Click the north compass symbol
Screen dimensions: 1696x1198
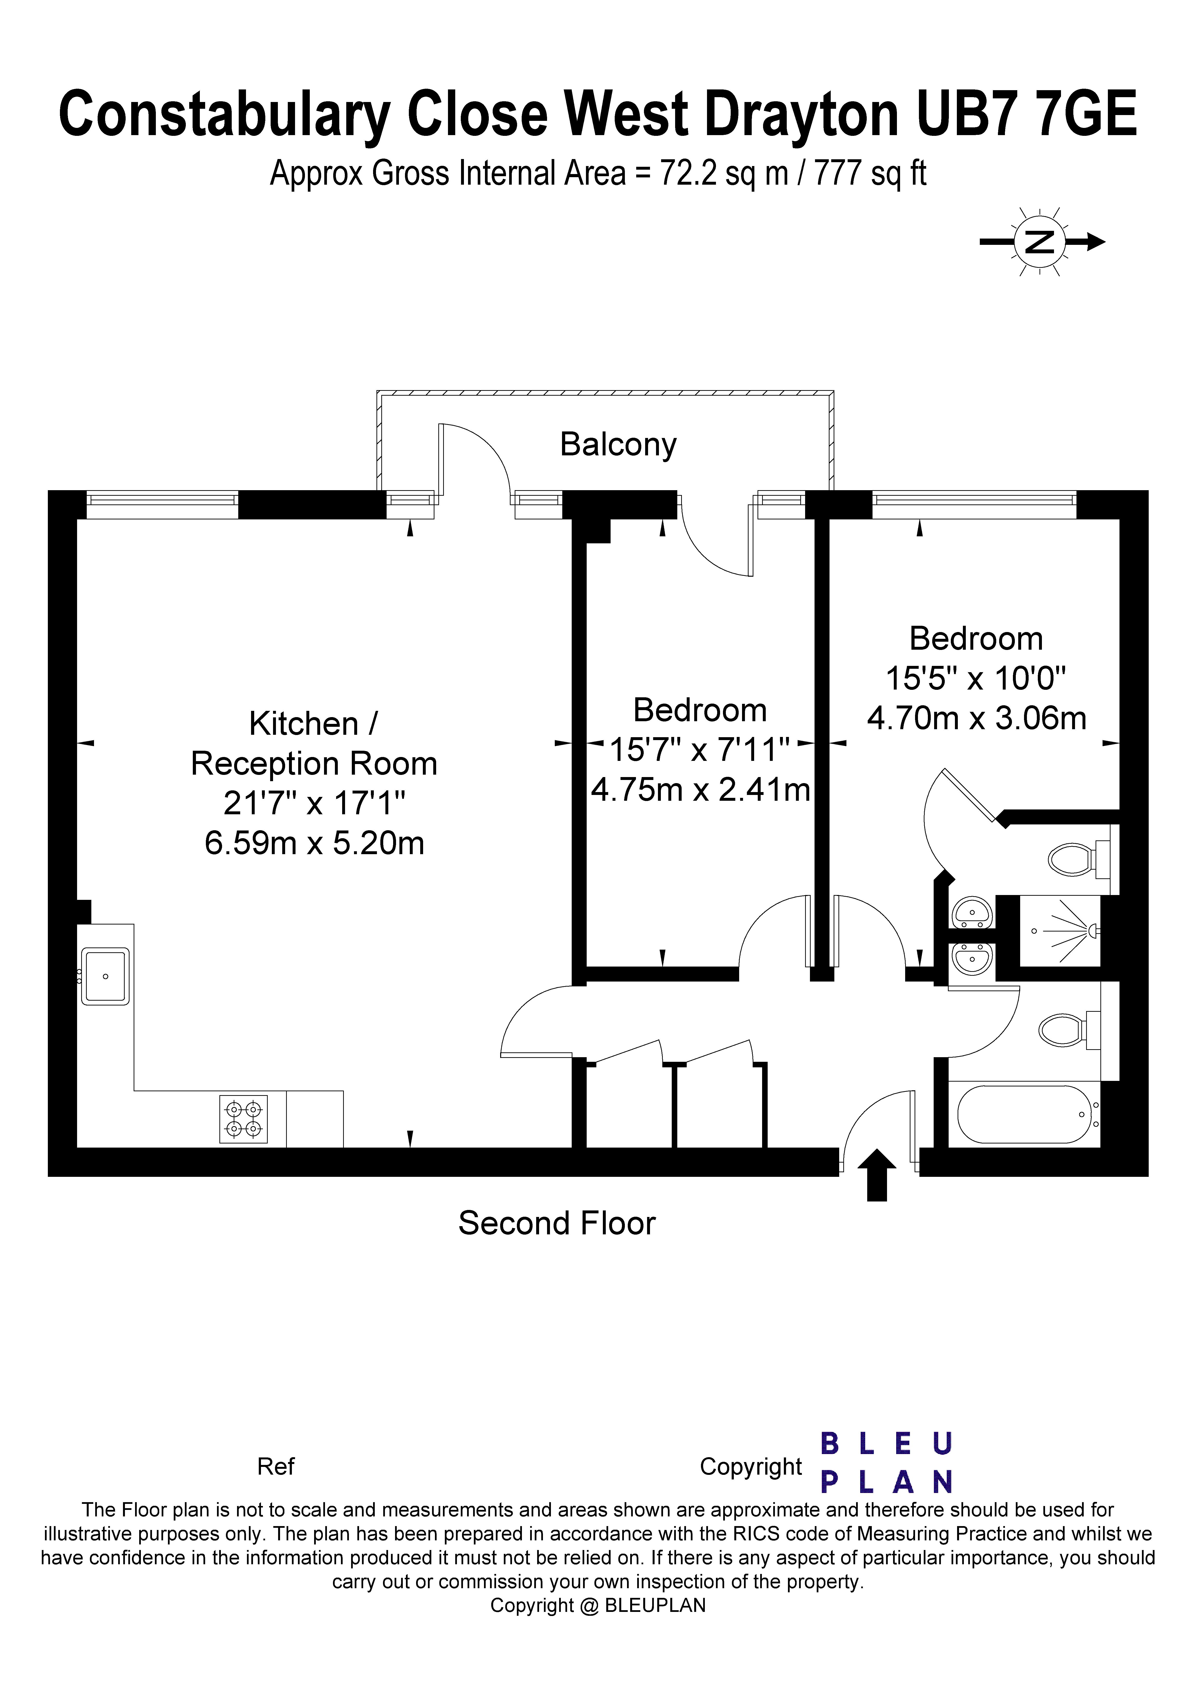pyautogui.click(x=1041, y=241)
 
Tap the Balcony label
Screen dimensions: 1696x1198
pyautogui.click(x=618, y=445)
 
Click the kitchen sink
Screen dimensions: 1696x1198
pyautogui.click(x=106, y=976)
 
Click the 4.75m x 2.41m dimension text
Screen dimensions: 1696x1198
pyautogui.click(x=700, y=790)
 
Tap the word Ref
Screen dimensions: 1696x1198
pyautogui.click(x=275, y=1466)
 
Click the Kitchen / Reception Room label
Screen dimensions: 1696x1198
pyautogui.click(x=314, y=743)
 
